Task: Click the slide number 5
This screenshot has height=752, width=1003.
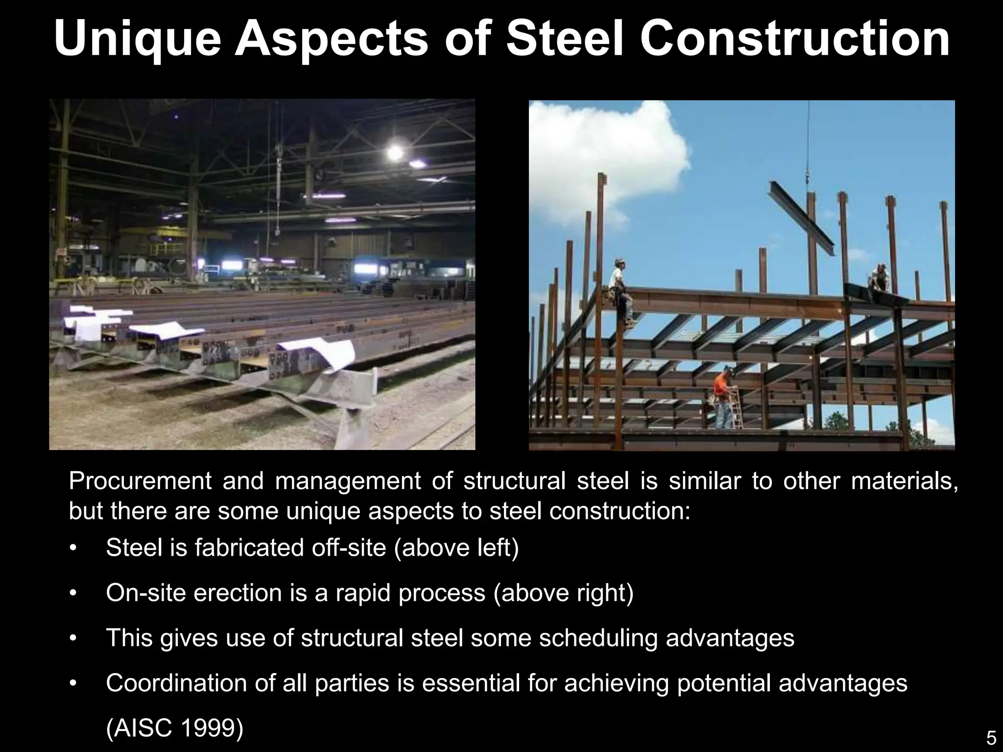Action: click(x=991, y=738)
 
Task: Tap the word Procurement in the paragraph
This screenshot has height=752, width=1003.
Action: click(x=140, y=482)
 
